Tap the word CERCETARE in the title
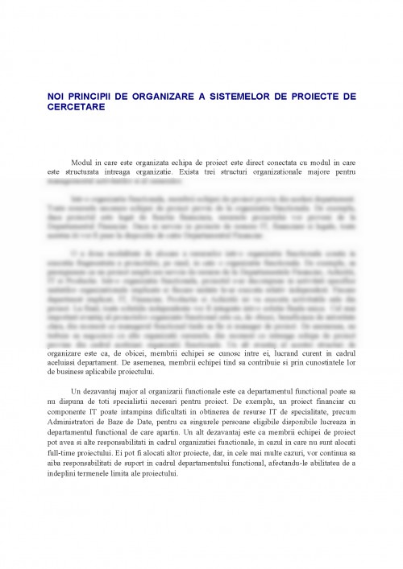(76, 105)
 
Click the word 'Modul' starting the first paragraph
(84, 163)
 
